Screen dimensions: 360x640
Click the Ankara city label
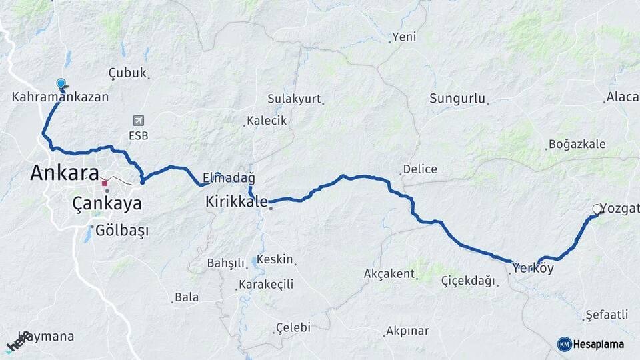65,173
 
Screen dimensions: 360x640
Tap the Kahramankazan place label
60,97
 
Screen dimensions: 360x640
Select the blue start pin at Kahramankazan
61,84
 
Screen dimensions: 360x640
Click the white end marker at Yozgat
597,209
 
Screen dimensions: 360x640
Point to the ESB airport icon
139,121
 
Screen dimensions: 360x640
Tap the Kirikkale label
237,201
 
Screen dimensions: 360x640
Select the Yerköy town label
533,269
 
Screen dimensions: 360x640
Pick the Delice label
420,169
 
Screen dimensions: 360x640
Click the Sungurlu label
457,99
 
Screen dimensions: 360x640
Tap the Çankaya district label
107,203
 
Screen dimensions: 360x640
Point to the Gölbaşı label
122,231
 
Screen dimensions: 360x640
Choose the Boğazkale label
577,144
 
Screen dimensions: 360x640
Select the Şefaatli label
607,315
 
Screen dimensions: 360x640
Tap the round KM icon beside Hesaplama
564,344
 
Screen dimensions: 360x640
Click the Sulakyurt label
294,99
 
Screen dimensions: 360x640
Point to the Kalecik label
267,121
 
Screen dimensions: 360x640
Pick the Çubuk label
127,73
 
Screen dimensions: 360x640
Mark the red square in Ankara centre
104,183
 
